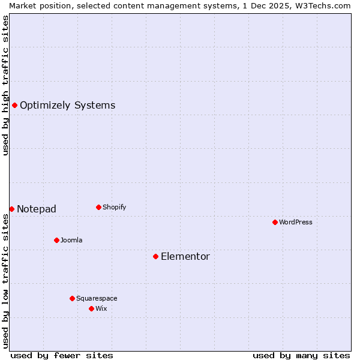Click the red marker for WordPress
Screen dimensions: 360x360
pos(275,222)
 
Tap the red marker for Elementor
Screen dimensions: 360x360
pos(155,256)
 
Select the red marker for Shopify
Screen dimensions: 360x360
pos(98,207)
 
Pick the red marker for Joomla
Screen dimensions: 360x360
pos(56,240)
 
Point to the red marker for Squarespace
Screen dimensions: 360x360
pos(72,298)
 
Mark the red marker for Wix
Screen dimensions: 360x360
pos(91,308)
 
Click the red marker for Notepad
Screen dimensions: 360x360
pos(11,209)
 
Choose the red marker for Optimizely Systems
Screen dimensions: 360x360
pos(14,106)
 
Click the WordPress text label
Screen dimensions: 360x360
pos(296,222)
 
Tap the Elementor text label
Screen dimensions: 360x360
pos(185,256)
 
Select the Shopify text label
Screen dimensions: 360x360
pos(114,207)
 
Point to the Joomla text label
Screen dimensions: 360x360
pos(71,240)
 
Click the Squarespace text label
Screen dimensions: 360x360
pos(97,298)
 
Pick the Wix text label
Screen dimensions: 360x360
pos(101,308)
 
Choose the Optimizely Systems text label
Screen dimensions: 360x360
pos(67,106)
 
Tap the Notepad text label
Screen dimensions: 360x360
pos(37,209)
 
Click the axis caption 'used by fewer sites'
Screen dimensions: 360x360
pos(62,355)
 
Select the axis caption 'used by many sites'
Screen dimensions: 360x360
pos(301,355)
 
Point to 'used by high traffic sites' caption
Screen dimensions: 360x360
pos(5,85)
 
